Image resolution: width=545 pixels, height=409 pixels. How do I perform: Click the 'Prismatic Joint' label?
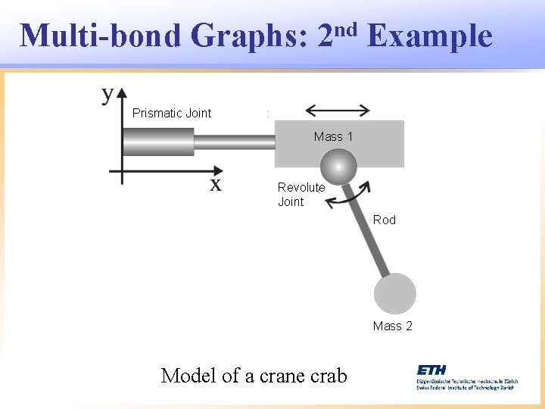point(172,114)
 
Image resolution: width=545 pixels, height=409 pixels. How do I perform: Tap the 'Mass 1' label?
point(333,137)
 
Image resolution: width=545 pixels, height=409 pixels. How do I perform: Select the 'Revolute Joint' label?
point(301,195)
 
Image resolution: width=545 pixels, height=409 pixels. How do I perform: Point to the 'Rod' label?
point(384,220)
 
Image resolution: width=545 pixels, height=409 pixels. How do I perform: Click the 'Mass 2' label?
point(392,326)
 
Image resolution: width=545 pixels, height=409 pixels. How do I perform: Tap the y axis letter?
point(107,94)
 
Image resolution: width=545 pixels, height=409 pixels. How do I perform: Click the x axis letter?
point(216,184)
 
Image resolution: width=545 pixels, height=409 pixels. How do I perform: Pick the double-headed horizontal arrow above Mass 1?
point(338,110)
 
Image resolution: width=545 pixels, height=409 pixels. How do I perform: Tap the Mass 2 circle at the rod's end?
point(394,293)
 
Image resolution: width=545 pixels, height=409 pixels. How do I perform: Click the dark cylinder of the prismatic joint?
point(157,142)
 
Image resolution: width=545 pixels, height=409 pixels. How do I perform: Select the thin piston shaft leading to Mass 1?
point(234,142)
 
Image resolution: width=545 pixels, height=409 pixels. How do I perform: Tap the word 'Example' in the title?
point(429,36)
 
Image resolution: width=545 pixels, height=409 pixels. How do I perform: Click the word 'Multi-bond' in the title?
point(101,36)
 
